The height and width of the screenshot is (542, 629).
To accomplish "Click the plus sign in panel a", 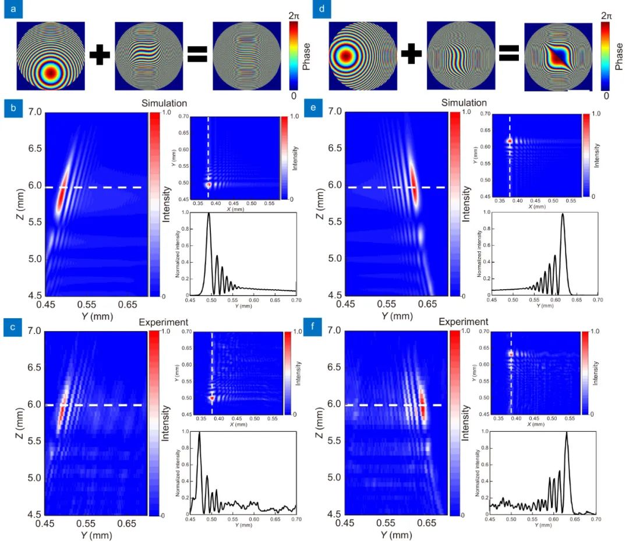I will point(100,56).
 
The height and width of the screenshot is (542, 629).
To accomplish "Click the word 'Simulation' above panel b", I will point(164,103).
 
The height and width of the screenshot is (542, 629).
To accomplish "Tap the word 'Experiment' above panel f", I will point(463,322).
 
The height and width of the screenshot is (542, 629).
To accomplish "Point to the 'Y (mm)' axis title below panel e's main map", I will point(395,315).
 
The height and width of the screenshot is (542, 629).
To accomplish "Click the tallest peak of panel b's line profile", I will point(209,214).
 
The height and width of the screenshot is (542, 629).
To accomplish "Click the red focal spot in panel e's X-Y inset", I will point(510,140).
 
